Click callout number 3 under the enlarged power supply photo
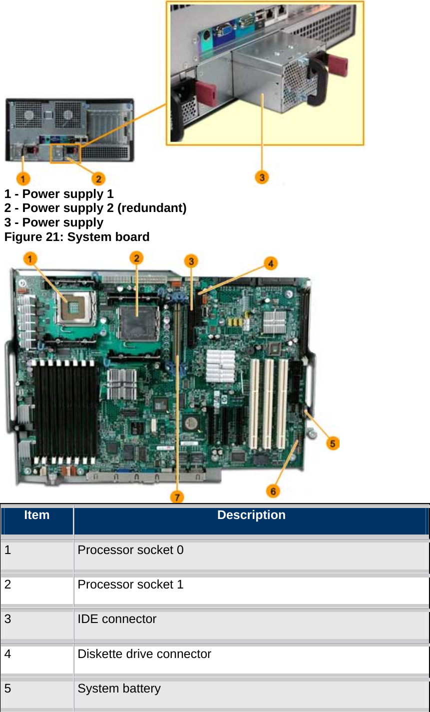click(262, 177)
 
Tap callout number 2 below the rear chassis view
click(98, 178)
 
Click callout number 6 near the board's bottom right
click(273, 491)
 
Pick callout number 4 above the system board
click(271, 263)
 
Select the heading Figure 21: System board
click(77, 237)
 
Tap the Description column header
click(251, 515)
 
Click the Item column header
click(37, 515)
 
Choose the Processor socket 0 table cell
click(130, 550)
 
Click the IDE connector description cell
click(117, 619)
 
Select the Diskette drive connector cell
click(144, 654)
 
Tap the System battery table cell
click(119, 688)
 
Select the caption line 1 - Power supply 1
click(59, 194)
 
